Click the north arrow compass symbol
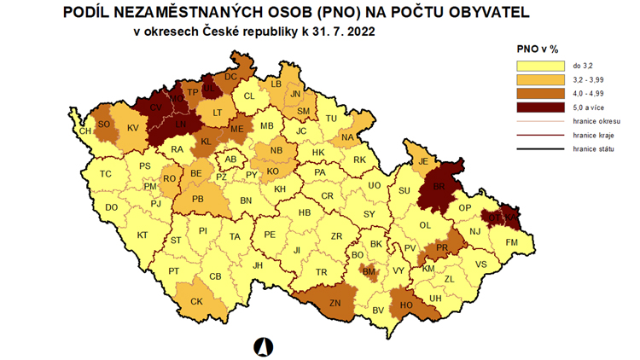click(264, 345)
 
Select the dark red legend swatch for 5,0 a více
click(540, 107)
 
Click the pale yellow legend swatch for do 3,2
click(540, 65)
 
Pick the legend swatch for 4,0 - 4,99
click(540, 93)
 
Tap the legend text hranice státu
click(594, 149)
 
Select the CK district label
click(196, 301)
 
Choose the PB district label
click(198, 200)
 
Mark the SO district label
click(104, 125)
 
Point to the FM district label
click(512, 243)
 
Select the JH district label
click(257, 265)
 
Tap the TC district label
click(106, 174)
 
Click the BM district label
click(369, 272)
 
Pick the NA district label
click(347, 137)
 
